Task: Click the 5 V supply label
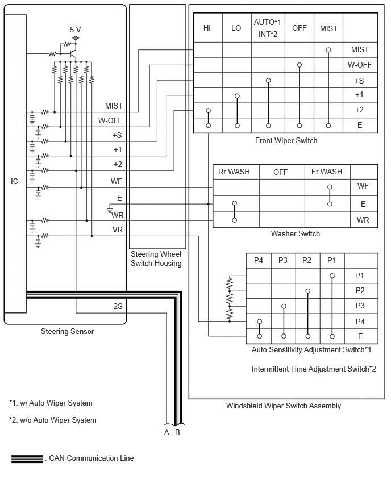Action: click(x=75, y=30)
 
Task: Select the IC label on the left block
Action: click(x=15, y=181)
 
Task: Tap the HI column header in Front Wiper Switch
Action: click(x=207, y=28)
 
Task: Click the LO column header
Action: click(x=236, y=28)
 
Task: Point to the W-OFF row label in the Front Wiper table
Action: click(x=360, y=65)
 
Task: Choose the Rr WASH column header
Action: click(x=234, y=172)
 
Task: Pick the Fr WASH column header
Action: click(x=327, y=172)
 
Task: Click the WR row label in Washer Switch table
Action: click(x=363, y=220)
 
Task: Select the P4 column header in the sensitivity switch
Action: click(x=258, y=261)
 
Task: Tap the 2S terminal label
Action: click(x=118, y=306)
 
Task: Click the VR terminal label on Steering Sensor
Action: click(x=118, y=230)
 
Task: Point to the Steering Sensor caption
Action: click(x=67, y=332)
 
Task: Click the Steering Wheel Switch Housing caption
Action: click(x=156, y=258)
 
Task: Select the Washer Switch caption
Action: click(x=296, y=233)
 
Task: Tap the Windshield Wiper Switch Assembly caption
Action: click(x=283, y=406)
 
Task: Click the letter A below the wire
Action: click(x=167, y=433)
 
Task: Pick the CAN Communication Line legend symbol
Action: click(x=27, y=458)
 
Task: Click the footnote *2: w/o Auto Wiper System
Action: click(x=53, y=420)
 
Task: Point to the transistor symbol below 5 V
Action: click(x=73, y=54)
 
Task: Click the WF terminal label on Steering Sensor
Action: click(x=117, y=182)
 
